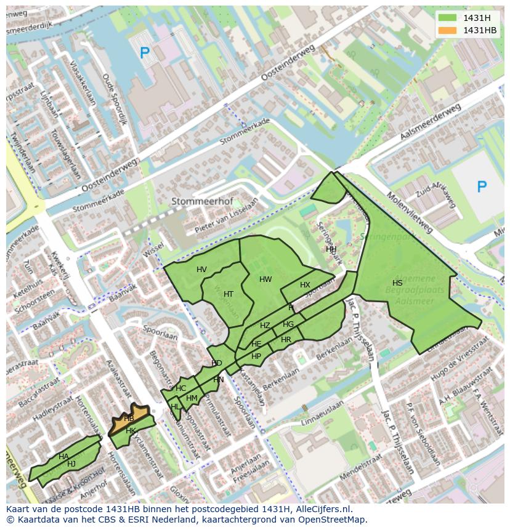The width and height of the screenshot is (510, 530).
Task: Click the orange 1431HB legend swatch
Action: point(449,30)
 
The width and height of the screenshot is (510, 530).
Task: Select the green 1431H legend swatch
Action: point(449,18)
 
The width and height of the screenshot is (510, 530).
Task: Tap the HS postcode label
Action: point(397,283)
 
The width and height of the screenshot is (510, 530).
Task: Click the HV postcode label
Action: point(201,270)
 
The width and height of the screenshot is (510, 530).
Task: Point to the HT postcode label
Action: point(229,294)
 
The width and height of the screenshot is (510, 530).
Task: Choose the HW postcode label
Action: point(265,279)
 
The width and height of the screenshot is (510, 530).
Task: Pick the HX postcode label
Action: point(305,285)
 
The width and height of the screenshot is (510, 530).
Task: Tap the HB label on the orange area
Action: point(129,419)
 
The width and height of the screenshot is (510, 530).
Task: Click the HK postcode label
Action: point(131,431)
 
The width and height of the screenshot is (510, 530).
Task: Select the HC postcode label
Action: point(180,388)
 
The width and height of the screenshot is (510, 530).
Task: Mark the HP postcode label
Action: point(256,356)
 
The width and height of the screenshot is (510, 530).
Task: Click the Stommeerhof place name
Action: point(197,201)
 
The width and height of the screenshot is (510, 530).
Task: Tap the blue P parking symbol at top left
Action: point(145,54)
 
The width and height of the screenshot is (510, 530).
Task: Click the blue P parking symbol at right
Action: point(482,187)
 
